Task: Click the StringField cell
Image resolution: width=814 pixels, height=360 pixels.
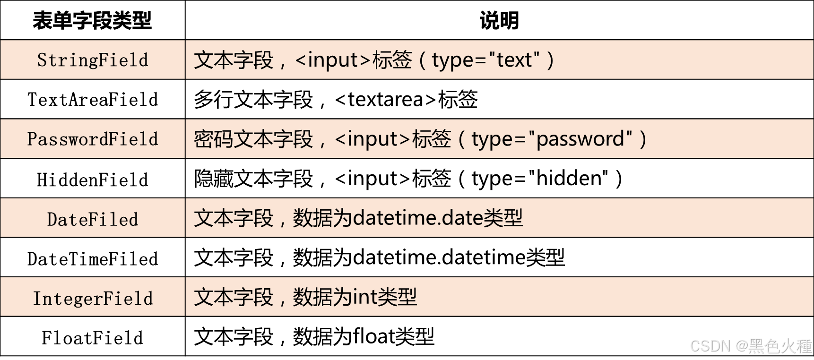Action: tap(93, 60)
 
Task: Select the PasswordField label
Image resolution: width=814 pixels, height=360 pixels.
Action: tap(93, 139)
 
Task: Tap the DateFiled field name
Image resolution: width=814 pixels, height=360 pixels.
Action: tap(93, 219)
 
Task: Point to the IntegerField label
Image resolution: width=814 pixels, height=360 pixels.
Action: tap(93, 298)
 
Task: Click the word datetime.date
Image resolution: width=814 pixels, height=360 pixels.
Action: tap(417, 218)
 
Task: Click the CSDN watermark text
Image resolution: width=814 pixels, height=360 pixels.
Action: tap(710, 346)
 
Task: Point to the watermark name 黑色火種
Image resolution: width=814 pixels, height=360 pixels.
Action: tap(779, 346)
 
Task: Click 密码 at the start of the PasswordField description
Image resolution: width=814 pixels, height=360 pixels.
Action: tap(213, 139)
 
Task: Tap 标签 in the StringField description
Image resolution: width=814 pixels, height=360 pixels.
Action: tap(392, 60)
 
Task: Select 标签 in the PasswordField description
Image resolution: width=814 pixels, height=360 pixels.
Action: tap(432, 139)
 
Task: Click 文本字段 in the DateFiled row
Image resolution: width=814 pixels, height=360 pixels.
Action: tap(234, 218)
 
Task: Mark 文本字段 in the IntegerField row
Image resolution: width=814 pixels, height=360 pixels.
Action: tap(234, 297)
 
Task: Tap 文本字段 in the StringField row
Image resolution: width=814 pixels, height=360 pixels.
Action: tap(234, 60)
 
